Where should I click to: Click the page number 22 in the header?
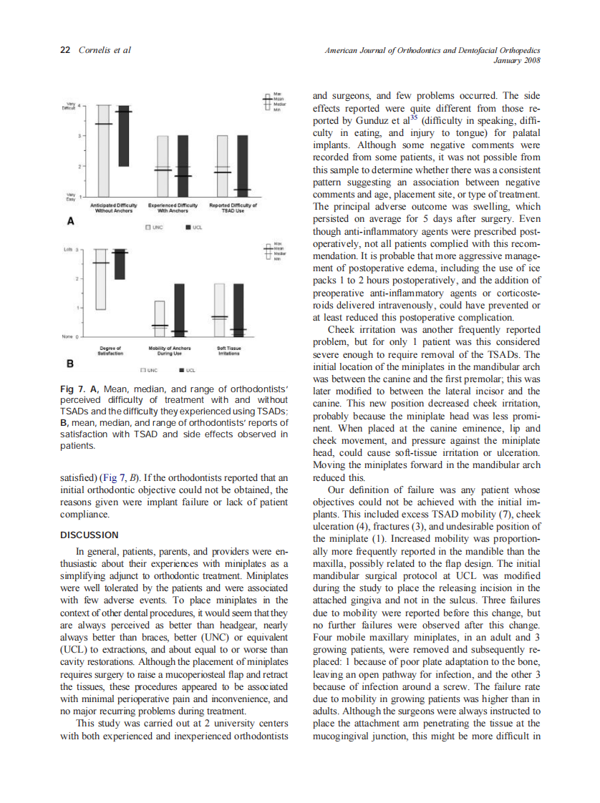click(64, 50)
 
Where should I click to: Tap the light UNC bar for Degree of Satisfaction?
click(102, 279)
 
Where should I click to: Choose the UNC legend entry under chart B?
click(148, 370)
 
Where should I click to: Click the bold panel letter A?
click(70, 222)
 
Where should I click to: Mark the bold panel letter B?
click(70, 363)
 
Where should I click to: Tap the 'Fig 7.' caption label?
click(74, 389)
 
